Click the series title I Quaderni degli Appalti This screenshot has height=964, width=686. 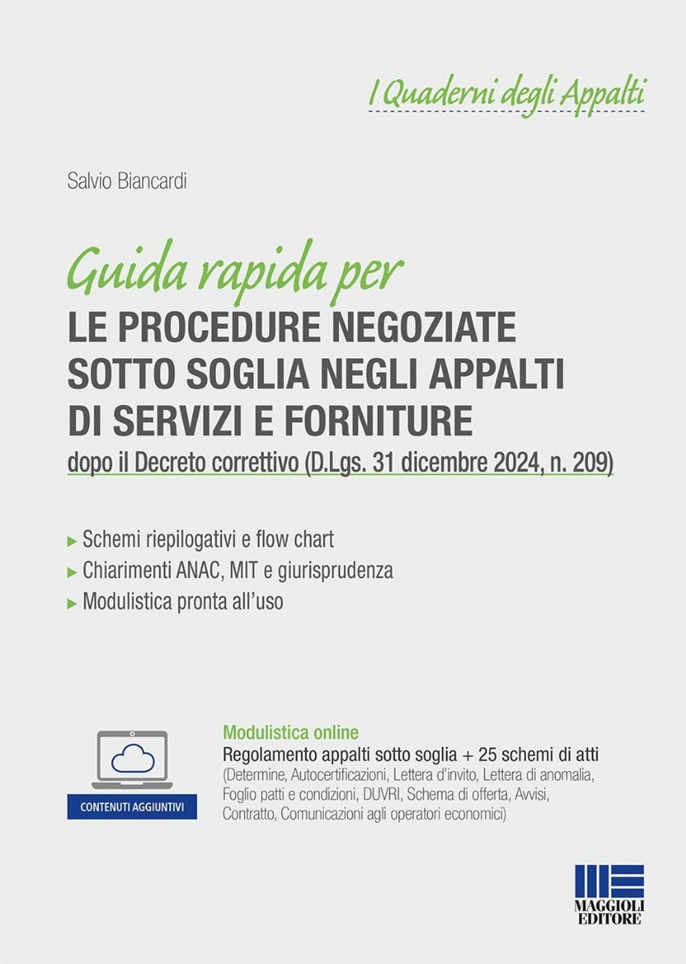click(x=507, y=93)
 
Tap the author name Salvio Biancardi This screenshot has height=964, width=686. click(x=127, y=182)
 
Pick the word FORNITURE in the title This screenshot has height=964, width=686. click(x=379, y=421)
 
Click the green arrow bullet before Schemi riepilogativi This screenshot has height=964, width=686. click(x=72, y=541)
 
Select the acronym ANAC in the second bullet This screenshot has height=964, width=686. click(x=200, y=570)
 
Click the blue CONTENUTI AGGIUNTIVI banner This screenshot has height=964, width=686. click(x=132, y=807)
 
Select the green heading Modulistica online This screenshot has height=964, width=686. click(x=291, y=732)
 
